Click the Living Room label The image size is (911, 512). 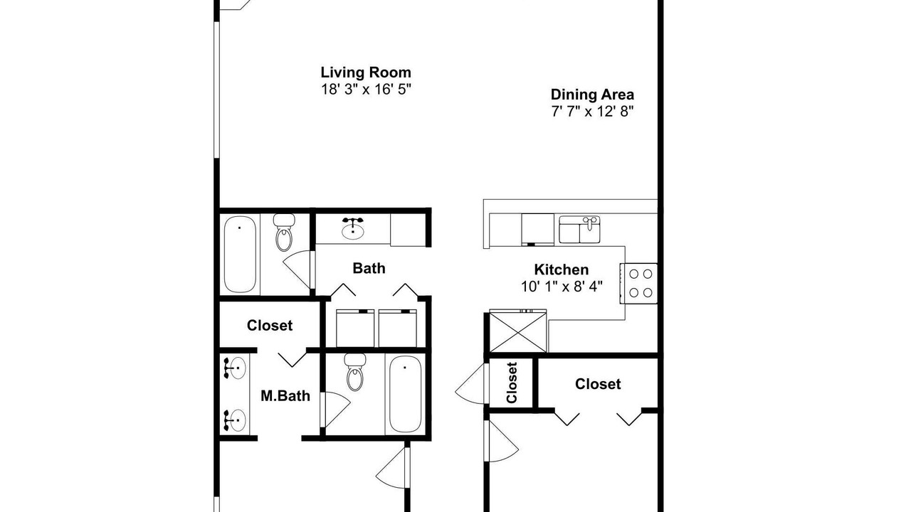pos(366,73)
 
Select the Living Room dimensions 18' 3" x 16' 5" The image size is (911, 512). pos(366,90)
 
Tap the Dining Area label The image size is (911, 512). pos(592,95)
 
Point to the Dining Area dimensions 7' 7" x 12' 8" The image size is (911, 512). pos(593,111)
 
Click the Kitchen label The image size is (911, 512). pos(562,270)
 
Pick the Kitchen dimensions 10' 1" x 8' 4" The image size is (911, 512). pos(562,287)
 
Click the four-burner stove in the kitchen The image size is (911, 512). pos(639,283)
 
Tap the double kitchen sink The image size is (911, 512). pos(579,230)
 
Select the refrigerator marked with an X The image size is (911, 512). pos(517,331)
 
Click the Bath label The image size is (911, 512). pos(369,268)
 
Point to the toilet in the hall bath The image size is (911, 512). pos(284,233)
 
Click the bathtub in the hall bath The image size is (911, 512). pos(240,254)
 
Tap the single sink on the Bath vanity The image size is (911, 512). pos(352,229)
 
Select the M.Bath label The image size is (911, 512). pos(285,396)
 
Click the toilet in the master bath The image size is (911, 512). pos(355,372)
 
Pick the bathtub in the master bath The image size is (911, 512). pos(405,394)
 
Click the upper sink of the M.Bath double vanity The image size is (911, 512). pos(235,368)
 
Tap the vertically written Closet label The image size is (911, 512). pos(512,383)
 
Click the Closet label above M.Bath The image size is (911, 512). pos(270,326)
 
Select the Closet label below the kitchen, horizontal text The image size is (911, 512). pos(598,384)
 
